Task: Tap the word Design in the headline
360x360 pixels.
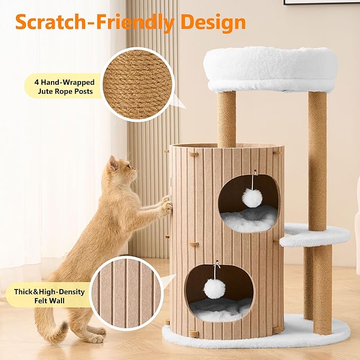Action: (213, 22)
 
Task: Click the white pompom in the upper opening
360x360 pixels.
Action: (252, 198)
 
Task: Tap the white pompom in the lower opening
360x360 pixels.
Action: (215, 287)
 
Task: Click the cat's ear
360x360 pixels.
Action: (113, 163)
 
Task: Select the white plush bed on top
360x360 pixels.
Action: (270, 69)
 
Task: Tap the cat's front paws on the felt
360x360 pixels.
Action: (166, 205)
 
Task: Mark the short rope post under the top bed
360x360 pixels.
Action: (226, 119)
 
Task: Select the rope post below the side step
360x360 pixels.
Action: (322, 289)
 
